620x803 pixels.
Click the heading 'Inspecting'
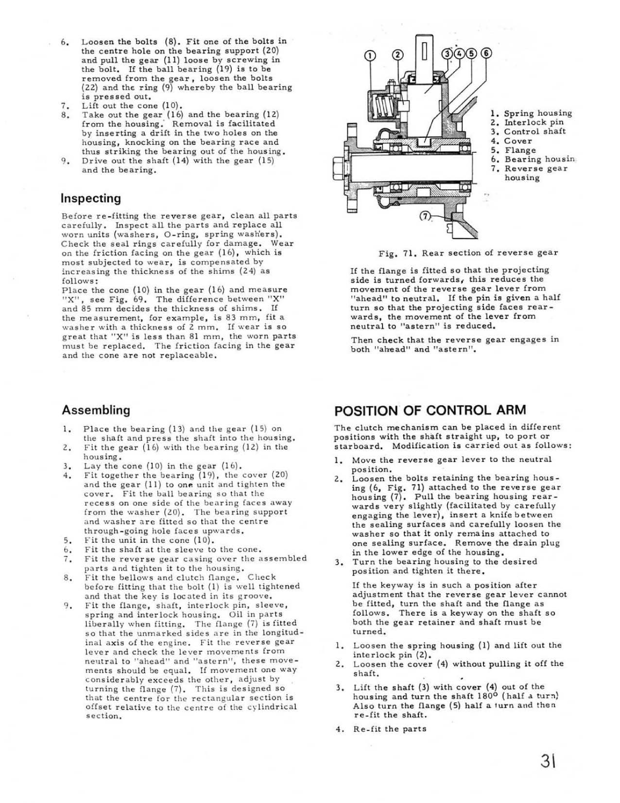[91, 199]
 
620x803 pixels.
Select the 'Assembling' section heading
[96, 410]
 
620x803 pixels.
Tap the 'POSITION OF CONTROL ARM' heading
[430, 410]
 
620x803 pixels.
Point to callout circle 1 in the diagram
[369, 56]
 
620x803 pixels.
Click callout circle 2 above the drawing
[398, 56]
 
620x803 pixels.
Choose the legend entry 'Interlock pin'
[534, 123]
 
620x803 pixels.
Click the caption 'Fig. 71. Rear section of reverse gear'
[468, 253]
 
